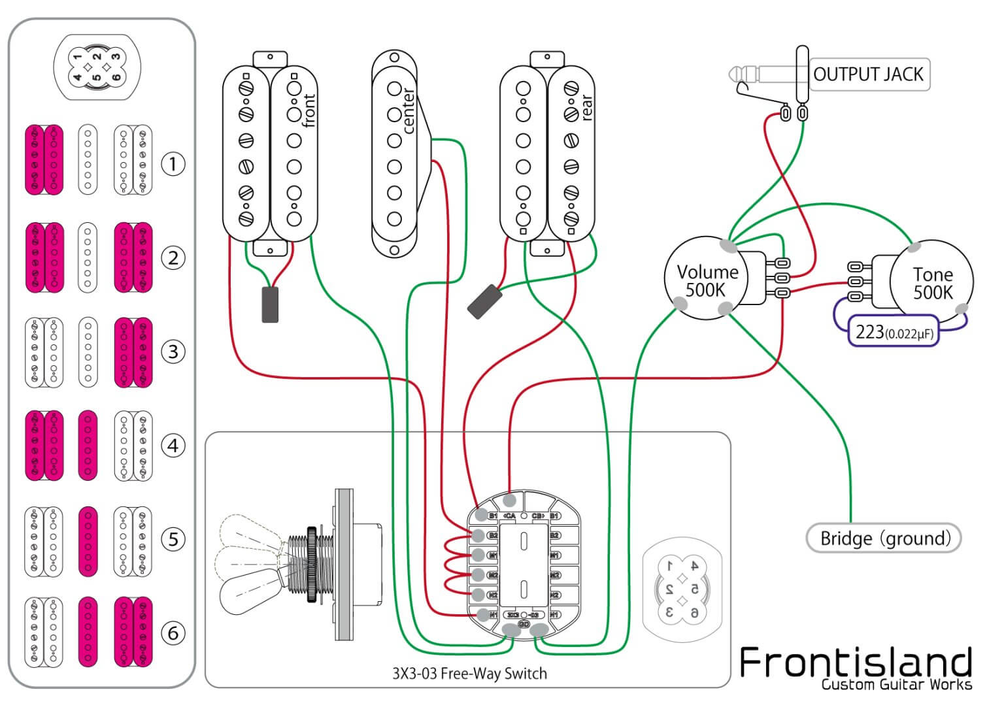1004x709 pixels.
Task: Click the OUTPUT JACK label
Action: click(868, 74)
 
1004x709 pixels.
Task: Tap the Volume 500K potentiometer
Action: click(706, 280)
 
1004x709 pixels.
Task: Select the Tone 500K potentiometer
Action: click(933, 283)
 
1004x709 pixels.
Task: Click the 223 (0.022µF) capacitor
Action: click(894, 332)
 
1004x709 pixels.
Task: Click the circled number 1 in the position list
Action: click(173, 163)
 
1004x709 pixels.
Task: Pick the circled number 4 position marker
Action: click(173, 446)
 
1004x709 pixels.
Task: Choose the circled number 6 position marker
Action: click(173, 633)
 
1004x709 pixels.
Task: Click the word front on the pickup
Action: click(309, 110)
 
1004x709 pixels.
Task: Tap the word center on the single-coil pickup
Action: click(408, 110)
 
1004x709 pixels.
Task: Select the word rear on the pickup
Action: click(586, 107)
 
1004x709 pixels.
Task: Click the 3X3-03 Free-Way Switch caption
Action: click(469, 674)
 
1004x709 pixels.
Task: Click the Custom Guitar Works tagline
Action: click(897, 685)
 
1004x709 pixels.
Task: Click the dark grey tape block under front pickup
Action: click(270, 305)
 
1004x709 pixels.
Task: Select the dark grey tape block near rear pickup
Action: click(484, 302)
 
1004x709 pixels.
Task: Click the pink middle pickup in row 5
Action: click(88, 542)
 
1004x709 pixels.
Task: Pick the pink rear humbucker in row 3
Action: click(133, 353)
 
